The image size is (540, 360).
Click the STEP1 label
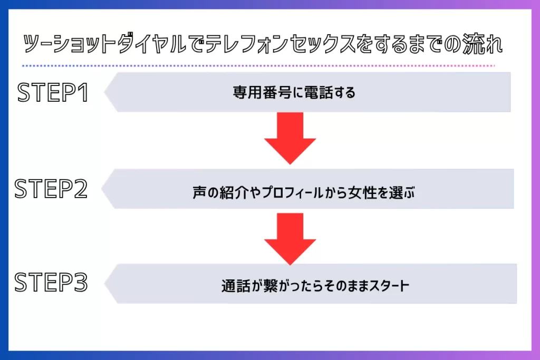tap(53, 92)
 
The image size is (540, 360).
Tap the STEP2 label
tap(51, 189)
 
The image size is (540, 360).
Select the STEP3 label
tap(51, 282)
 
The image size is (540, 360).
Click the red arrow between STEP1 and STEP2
tap(290, 138)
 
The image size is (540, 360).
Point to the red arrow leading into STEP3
tap(290, 239)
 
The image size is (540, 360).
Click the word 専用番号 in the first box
tap(262, 92)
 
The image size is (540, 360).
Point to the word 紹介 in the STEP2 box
tap(234, 192)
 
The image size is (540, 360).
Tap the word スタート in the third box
tap(389, 286)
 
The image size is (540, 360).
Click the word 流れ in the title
tap(483, 44)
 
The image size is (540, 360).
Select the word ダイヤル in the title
tap(152, 44)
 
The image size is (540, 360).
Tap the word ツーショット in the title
tap(69, 44)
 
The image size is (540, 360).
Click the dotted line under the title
tap(258, 65)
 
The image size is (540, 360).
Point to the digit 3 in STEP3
tap(81, 282)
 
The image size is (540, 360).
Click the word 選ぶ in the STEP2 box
tap(401, 192)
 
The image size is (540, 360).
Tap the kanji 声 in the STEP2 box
tap(199, 192)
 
